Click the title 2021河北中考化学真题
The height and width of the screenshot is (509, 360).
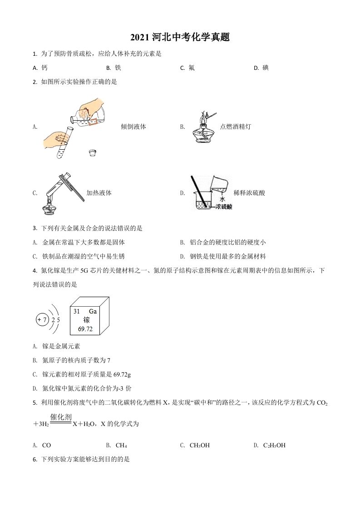180,38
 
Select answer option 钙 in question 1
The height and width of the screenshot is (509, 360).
44,68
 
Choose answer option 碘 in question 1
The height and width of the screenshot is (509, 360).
266,68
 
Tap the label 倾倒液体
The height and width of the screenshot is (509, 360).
133,127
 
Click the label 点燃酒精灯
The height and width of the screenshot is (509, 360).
235,127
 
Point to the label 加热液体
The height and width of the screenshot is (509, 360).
99,193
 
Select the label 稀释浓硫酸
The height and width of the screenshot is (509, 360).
249,193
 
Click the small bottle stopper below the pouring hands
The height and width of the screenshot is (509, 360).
94,153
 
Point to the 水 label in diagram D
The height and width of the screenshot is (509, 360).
222,199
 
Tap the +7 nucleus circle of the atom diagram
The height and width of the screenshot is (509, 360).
42,320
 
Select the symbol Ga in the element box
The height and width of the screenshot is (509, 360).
93,311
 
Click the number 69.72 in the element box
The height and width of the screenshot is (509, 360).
85,329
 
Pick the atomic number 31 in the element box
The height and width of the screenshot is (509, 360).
76,311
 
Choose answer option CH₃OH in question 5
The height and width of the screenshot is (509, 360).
200,445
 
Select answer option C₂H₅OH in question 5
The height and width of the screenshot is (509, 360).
274,445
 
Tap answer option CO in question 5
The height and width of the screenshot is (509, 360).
46,445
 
